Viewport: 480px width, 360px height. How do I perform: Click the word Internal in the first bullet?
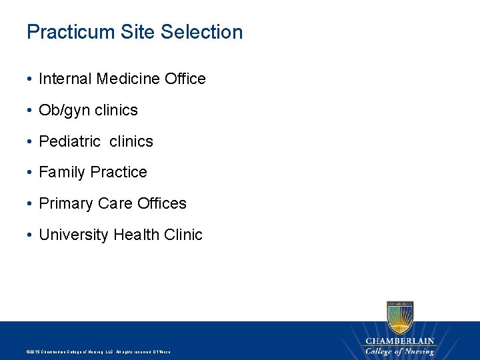click(65, 79)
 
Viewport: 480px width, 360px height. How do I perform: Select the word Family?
click(62, 172)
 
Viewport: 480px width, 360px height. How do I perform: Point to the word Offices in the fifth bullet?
click(162, 203)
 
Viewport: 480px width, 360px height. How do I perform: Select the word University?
click(74, 235)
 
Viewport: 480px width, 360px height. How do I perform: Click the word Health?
click(136, 235)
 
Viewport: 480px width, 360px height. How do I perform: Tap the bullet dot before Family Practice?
click(31, 173)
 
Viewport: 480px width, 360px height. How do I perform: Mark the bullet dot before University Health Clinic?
click(31, 235)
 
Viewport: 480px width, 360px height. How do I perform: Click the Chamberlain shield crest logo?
click(400, 316)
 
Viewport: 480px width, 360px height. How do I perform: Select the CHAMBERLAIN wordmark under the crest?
click(400, 341)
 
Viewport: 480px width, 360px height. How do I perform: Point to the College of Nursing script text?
click(400, 351)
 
